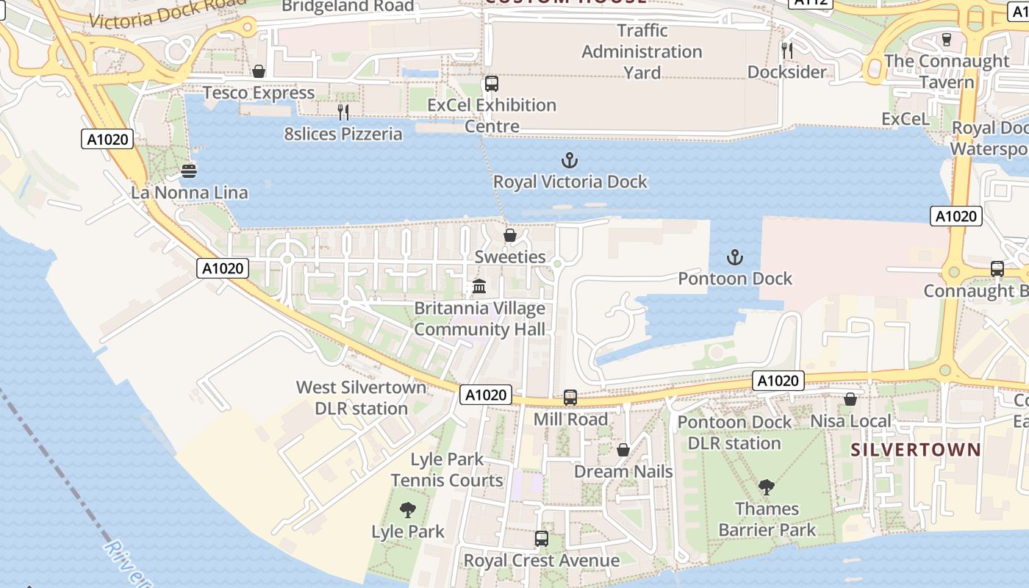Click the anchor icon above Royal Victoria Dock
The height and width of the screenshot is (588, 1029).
pyautogui.click(x=569, y=159)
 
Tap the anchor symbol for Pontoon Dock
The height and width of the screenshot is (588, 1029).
pyautogui.click(x=734, y=257)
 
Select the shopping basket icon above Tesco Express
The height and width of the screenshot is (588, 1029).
pyautogui.click(x=259, y=71)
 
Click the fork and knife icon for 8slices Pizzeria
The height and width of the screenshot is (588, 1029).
pyautogui.click(x=343, y=112)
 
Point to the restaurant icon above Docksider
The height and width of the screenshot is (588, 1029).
pyautogui.click(x=787, y=50)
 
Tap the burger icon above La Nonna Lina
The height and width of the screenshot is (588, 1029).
pyautogui.click(x=189, y=171)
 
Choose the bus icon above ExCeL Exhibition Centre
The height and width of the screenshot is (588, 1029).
pyautogui.click(x=492, y=84)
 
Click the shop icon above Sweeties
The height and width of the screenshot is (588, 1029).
pyautogui.click(x=509, y=235)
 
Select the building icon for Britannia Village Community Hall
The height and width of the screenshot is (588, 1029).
pyautogui.click(x=479, y=286)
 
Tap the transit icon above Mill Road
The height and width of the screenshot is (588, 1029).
pyautogui.click(x=570, y=398)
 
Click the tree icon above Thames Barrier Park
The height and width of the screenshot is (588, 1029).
pyautogui.click(x=767, y=487)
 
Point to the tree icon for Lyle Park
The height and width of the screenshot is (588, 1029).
pyautogui.click(x=407, y=509)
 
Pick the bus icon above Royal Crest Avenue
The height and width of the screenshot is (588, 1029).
pyautogui.click(x=542, y=539)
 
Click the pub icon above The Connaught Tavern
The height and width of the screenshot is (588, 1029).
pyautogui.click(x=947, y=39)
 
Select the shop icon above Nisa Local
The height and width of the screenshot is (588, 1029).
pyautogui.click(x=850, y=399)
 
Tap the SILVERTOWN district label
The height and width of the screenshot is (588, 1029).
pyautogui.click(x=916, y=450)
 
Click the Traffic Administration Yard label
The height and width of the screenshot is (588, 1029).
pyautogui.click(x=642, y=51)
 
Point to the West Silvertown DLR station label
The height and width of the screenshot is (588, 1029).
pyautogui.click(x=361, y=398)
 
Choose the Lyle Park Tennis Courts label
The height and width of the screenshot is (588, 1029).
pyautogui.click(x=447, y=470)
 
